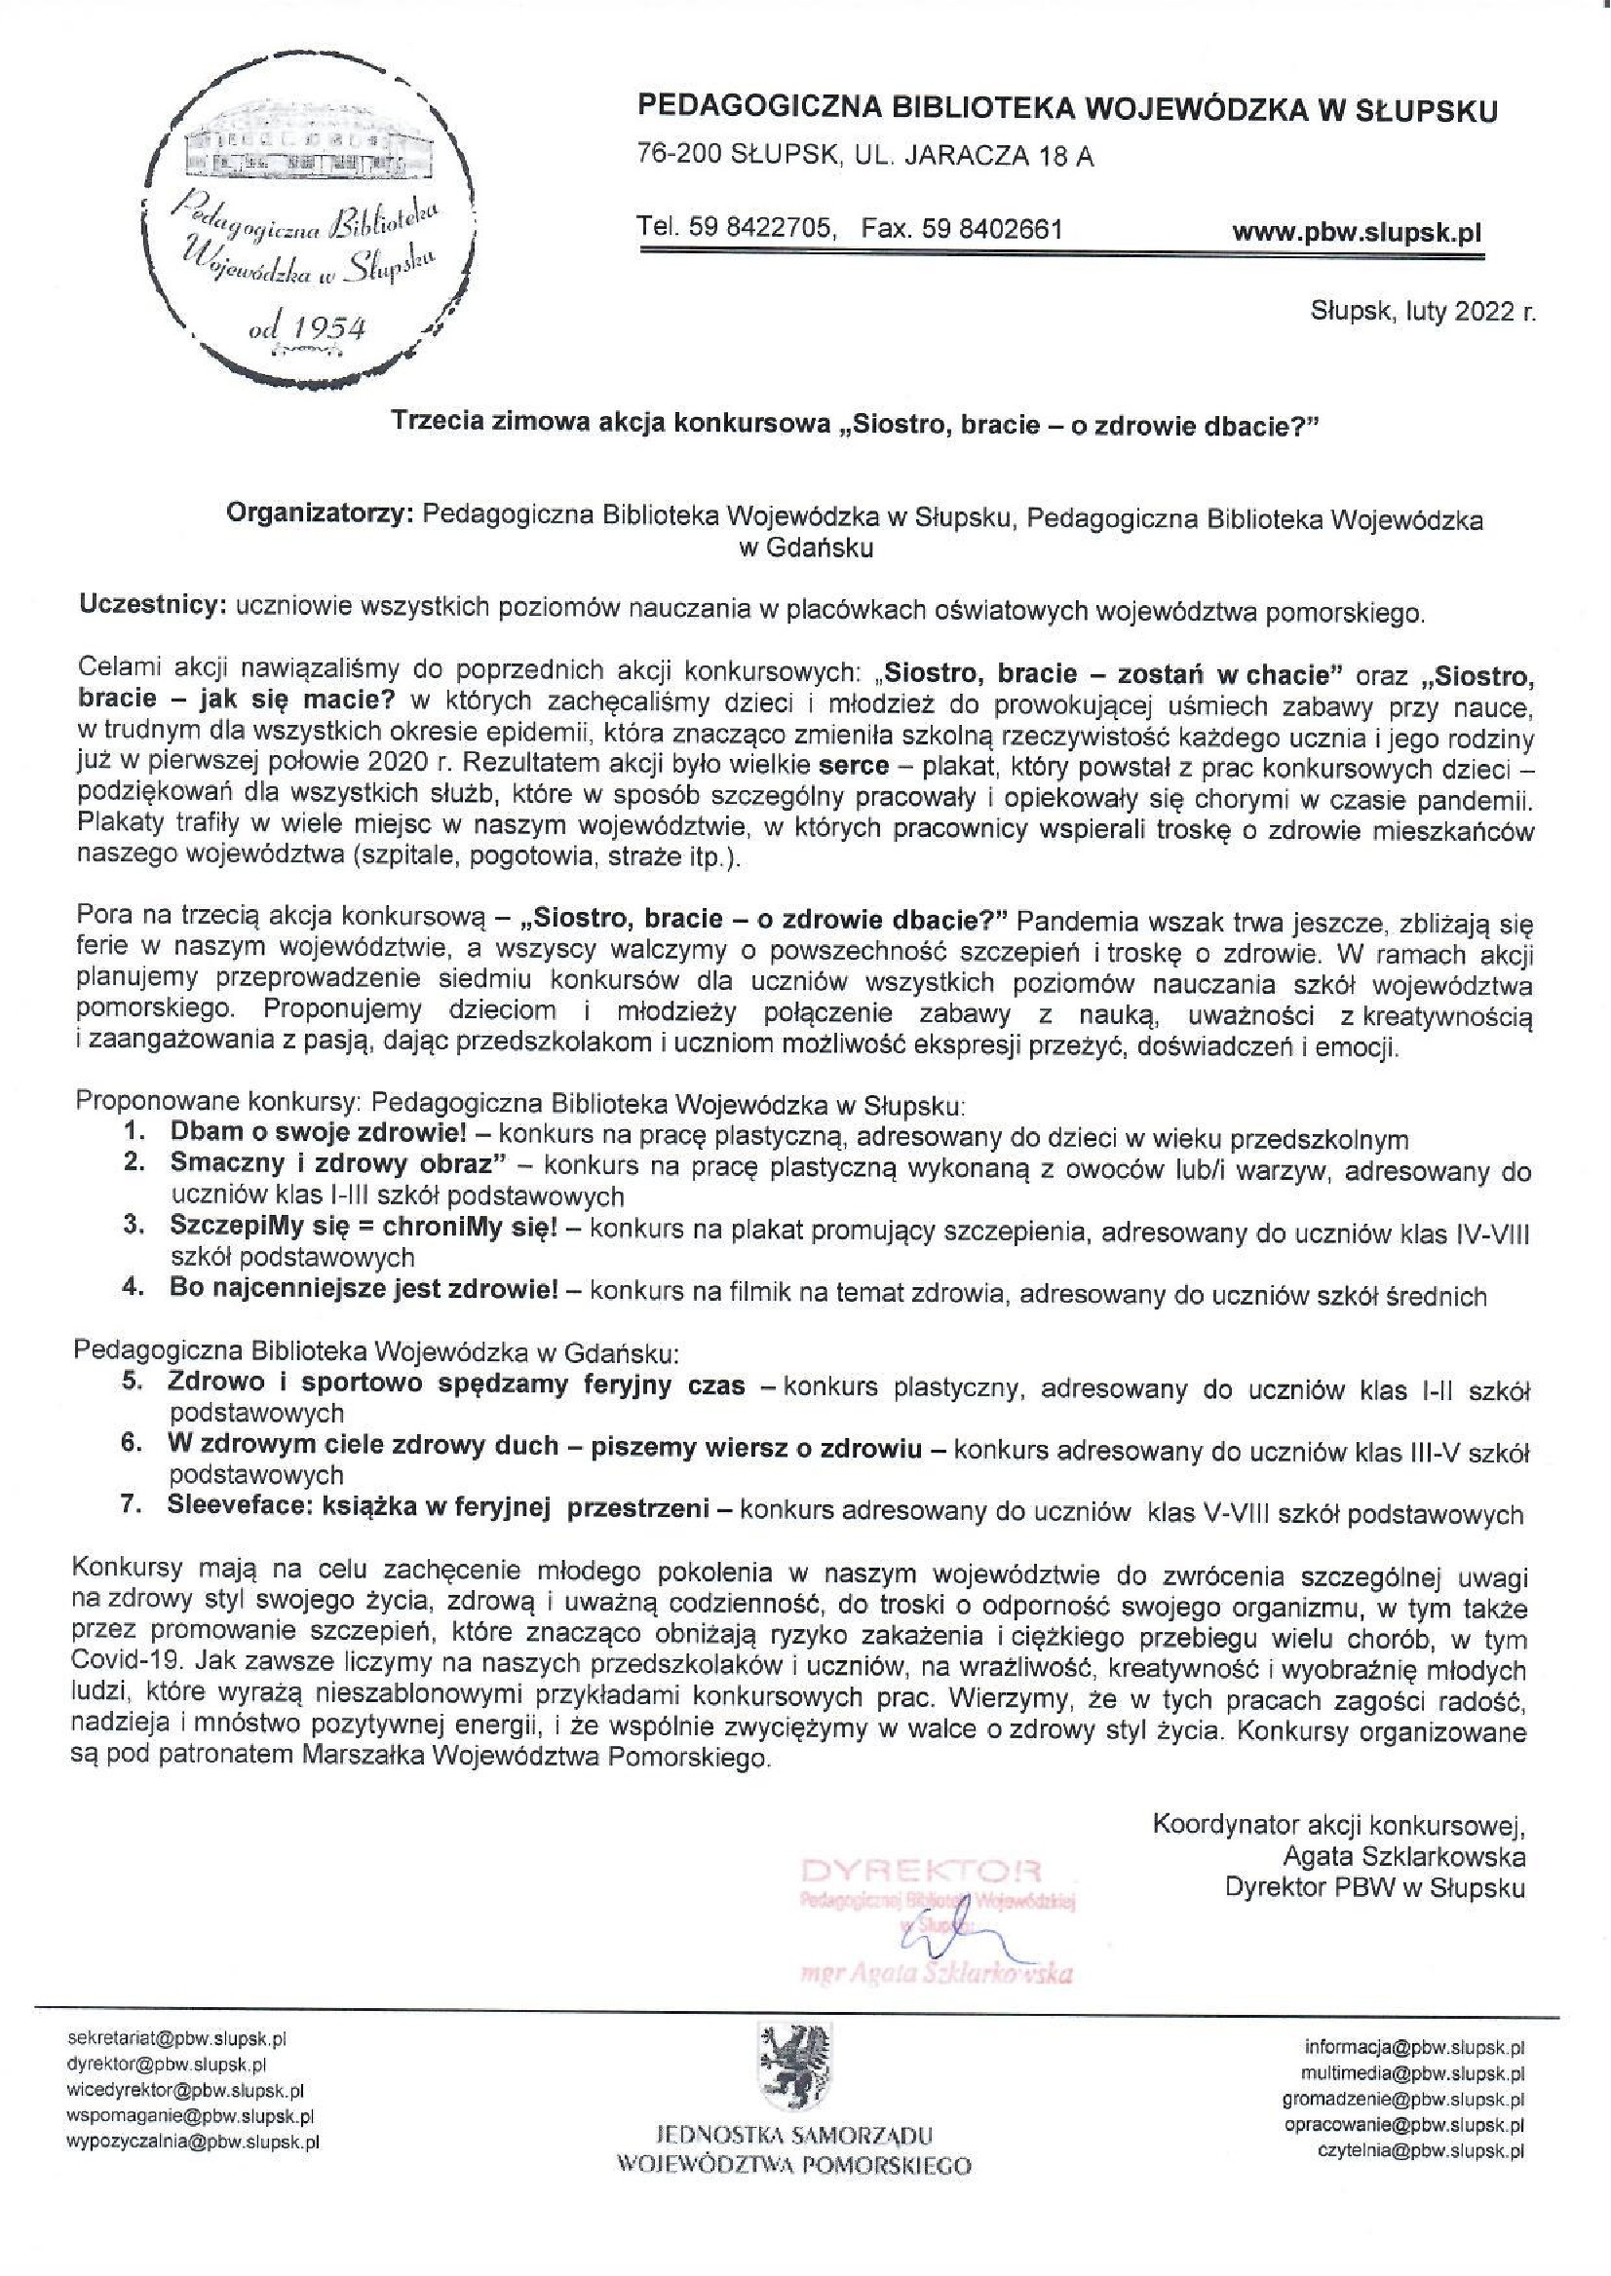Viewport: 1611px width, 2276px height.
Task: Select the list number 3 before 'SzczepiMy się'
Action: pos(134,1226)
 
